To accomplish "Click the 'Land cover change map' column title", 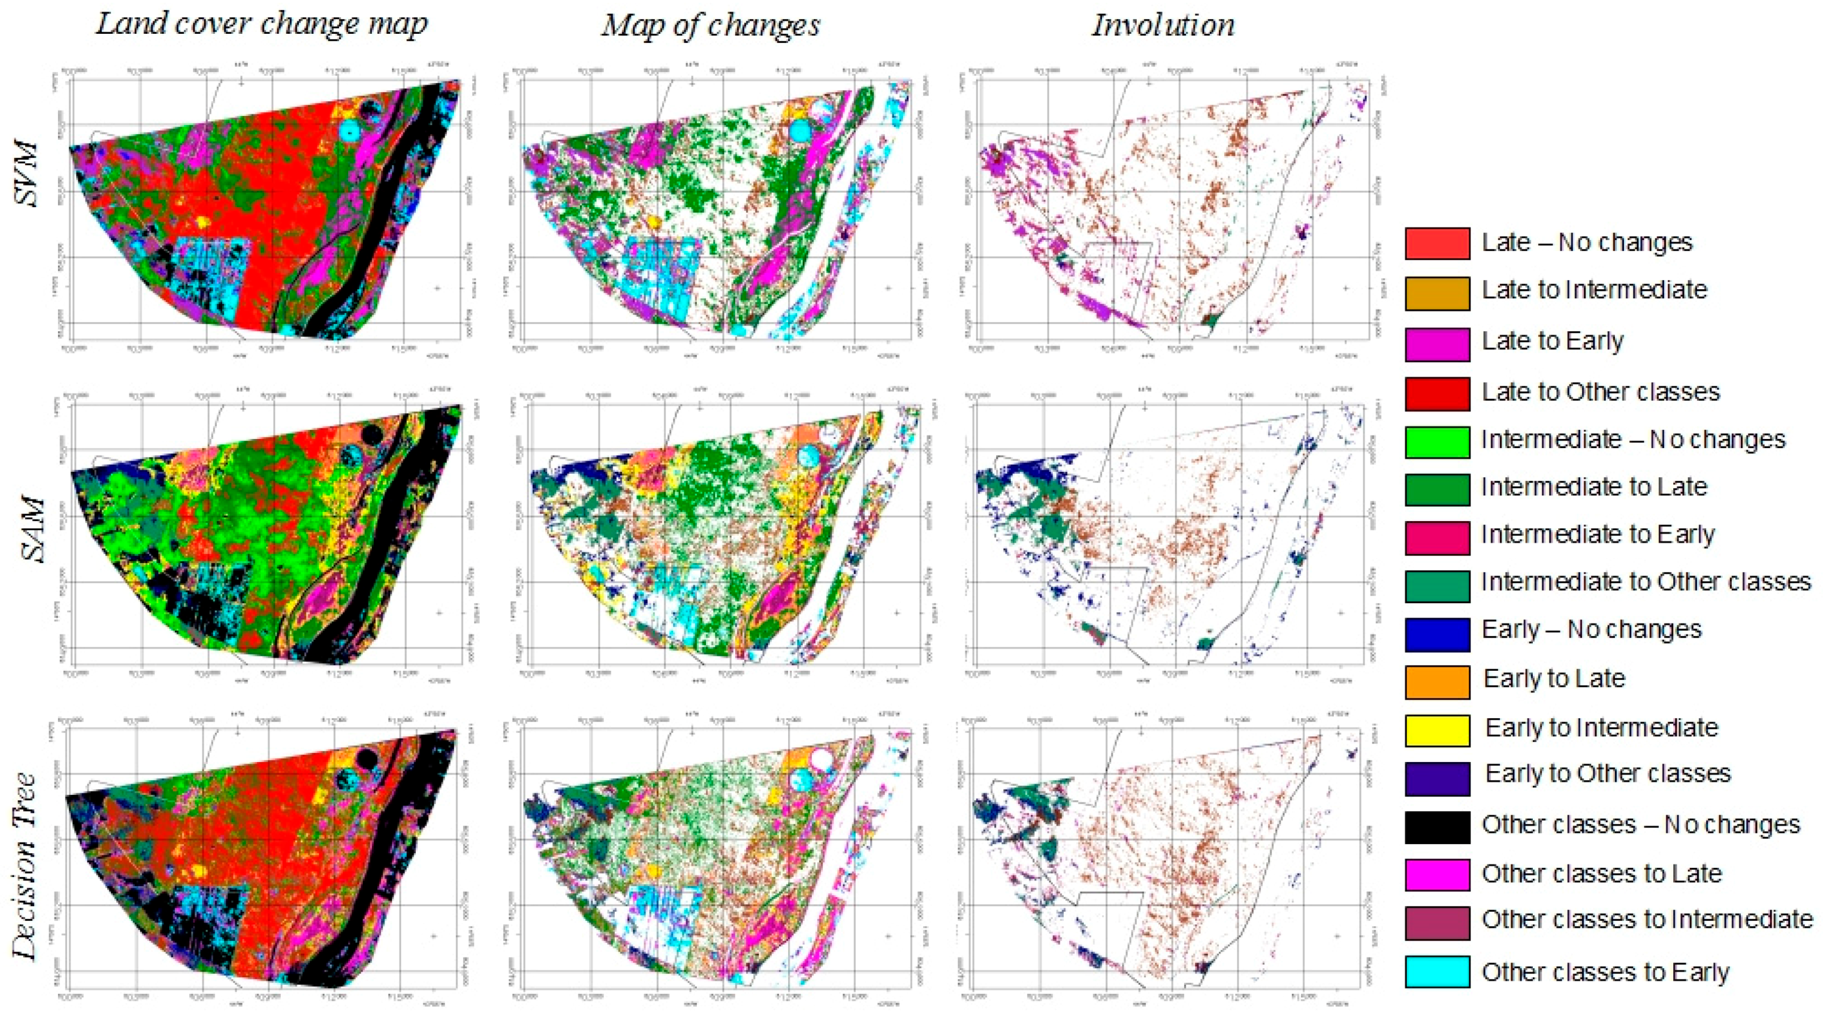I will [261, 25].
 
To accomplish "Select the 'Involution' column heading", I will [1163, 26].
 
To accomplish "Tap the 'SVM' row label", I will [28, 173].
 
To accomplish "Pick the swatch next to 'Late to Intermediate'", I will [1437, 292].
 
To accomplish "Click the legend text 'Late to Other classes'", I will [1601, 391].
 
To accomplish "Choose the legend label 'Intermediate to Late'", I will [1594, 487].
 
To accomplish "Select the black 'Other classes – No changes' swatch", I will [1437, 826].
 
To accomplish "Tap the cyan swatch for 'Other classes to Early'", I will [1437, 972].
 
